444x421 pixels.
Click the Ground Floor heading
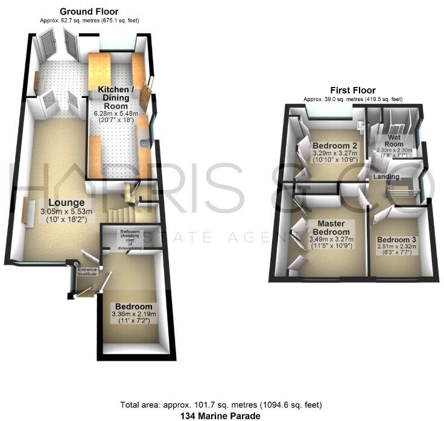point(89,11)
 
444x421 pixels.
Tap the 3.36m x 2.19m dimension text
point(134,314)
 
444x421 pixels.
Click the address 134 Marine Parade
point(222,416)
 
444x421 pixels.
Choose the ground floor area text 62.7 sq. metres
point(89,21)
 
